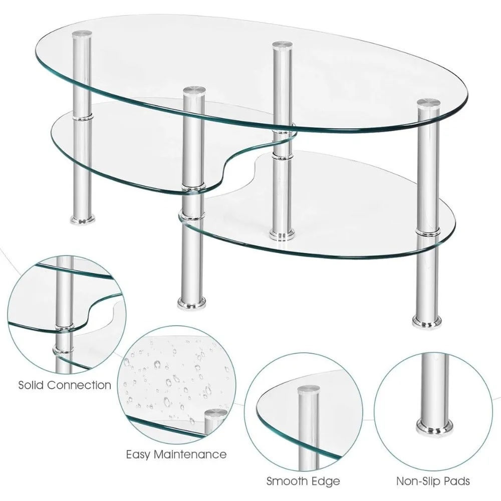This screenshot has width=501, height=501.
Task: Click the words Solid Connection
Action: tap(65, 385)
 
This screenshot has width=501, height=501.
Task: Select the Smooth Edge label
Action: tap(303, 481)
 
